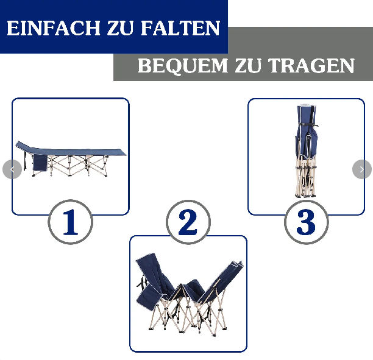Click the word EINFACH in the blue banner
[54, 28]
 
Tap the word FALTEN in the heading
[180, 28]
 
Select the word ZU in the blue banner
[121, 28]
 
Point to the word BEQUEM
[183, 66]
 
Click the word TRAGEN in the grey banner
[311, 66]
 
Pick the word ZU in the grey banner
[248, 66]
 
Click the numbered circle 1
[71, 222]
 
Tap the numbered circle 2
[188, 222]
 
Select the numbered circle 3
[307, 222]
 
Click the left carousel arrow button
[12, 169]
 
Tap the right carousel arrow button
[362, 169]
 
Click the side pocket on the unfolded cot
[40, 163]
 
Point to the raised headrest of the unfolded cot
[24, 146]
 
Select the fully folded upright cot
[307, 151]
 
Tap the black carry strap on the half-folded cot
[142, 283]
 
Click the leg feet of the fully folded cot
[305, 196]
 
